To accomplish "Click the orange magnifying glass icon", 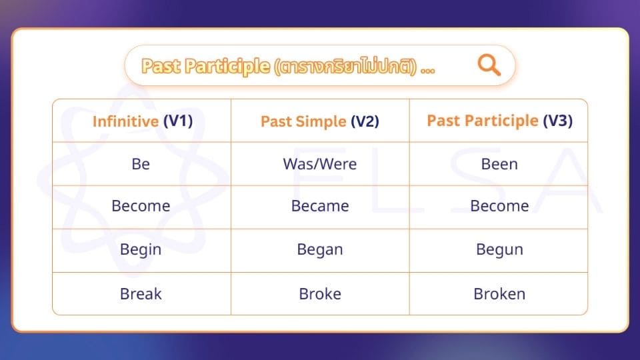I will tap(489, 65).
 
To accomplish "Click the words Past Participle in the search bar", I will tap(205, 67).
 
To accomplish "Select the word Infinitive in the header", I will tap(125, 121).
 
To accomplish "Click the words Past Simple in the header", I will tap(303, 121).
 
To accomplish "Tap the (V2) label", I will tap(365, 121).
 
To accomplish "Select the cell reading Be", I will tap(141, 164).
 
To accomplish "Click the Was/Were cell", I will tap(320, 164).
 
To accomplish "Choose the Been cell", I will tap(499, 164).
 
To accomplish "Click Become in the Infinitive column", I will tap(141, 206).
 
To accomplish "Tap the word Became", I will tap(320, 206).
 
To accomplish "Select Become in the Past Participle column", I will tap(499, 206).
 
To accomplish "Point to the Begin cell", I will tap(141, 249).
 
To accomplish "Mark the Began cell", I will tap(320, 249).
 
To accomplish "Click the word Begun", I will tap(499, 249).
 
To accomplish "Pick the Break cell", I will tap(141, 293).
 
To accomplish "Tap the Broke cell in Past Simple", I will tap(320, 293).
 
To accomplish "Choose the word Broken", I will tap(499, 293).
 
